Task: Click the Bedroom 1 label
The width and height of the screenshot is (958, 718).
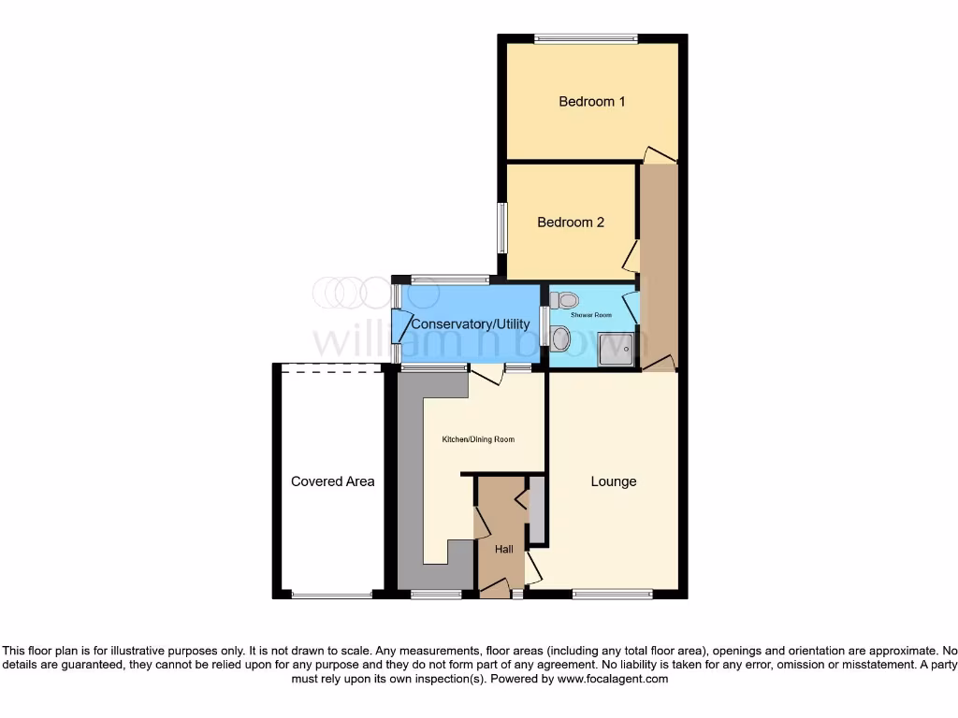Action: click(x=591, y=101)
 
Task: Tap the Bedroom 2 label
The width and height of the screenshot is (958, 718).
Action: click(x=570, y=223)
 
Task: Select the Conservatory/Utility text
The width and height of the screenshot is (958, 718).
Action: click(x=467, y=323)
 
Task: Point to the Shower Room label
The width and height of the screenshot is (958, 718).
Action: click(x=591, y=315)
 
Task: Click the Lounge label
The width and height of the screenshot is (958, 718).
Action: click(x=613, y=481)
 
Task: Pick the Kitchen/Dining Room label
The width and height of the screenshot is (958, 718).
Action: click(x=478, y=439)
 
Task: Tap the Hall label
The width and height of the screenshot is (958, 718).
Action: click(x=504, y=549)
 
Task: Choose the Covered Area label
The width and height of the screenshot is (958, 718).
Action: click(x=332, y=481)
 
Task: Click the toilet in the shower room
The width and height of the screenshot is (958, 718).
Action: click(x=564, y=300)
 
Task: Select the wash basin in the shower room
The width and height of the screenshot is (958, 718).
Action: click(x=560, y=338)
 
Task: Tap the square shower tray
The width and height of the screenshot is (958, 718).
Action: click(x=617, y=348)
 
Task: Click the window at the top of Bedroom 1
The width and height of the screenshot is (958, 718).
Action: click(x=586, y=39)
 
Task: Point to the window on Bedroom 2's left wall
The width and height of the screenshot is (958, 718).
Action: click(x=502, y=227)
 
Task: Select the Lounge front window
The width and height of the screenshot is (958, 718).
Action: click(x=613, y=593)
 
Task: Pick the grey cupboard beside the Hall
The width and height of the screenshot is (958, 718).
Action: click(x=536, y=510)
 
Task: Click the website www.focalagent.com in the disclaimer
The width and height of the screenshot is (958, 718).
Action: click(x=612, y=679)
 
